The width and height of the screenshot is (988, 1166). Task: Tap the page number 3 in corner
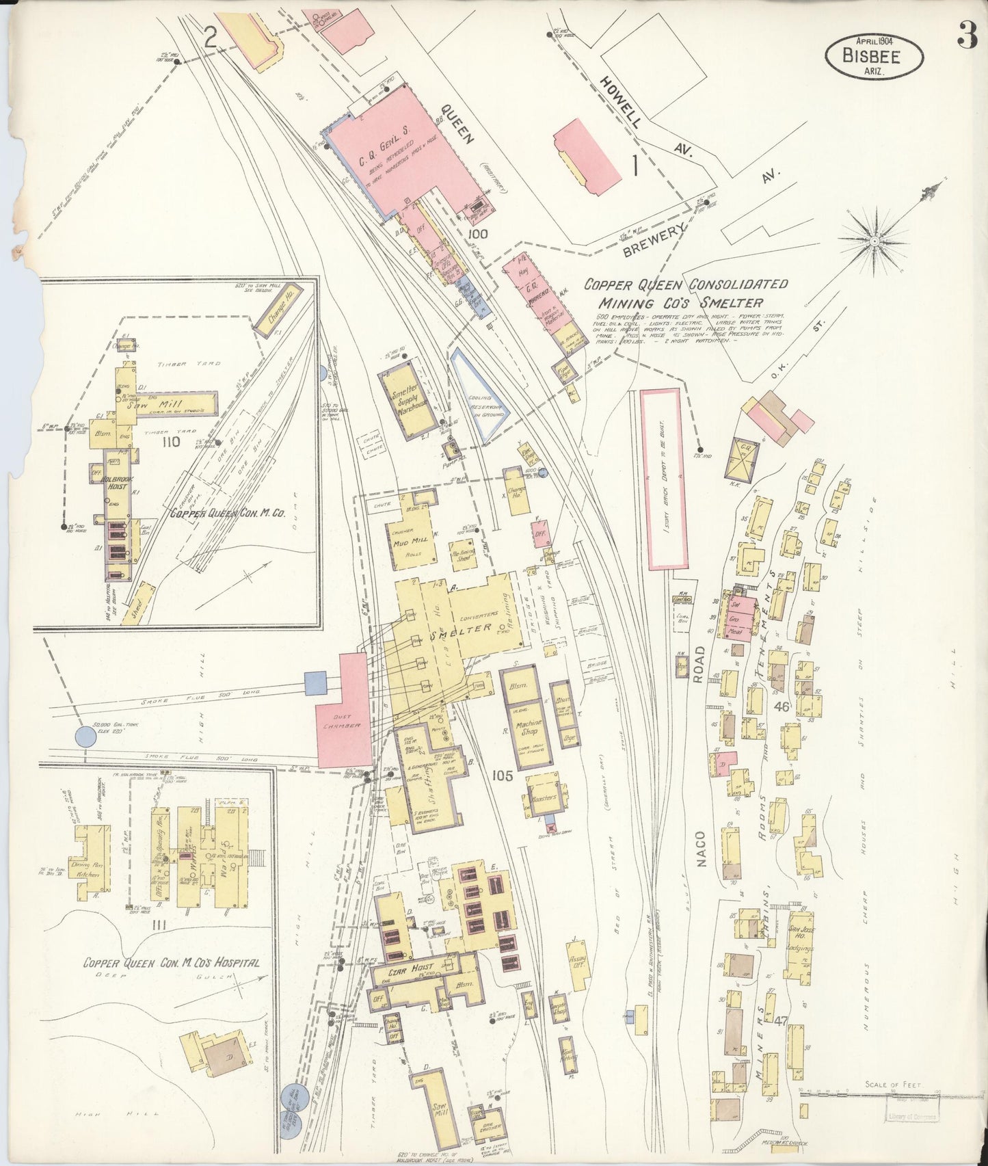(x=966, y=36)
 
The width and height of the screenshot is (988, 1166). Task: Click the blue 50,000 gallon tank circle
(x=85, y=737)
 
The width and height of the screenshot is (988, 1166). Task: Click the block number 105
(x=502, y=775)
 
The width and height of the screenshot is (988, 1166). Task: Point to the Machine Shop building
(x=528, y=726)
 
